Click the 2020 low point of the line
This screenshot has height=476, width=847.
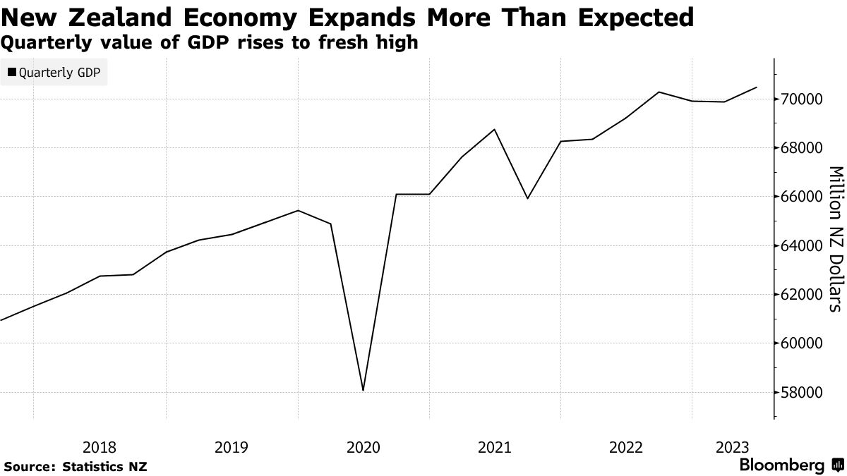click(363, 390)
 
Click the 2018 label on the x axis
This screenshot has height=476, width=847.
click(100, 447)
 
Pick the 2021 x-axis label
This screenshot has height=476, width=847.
click(495, 447)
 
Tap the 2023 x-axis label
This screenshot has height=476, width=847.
click(733, 447)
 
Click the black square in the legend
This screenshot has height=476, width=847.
click(12, 72)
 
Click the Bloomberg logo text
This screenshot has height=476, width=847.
click(781, 465)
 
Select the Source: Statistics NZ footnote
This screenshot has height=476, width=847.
click(76, 466)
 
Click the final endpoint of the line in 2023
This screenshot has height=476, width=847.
click(757, 87)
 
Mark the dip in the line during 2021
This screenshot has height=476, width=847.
click(527, 198)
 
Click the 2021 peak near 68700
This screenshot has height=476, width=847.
click(495, 129)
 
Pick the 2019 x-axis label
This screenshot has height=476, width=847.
click(231, 447)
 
